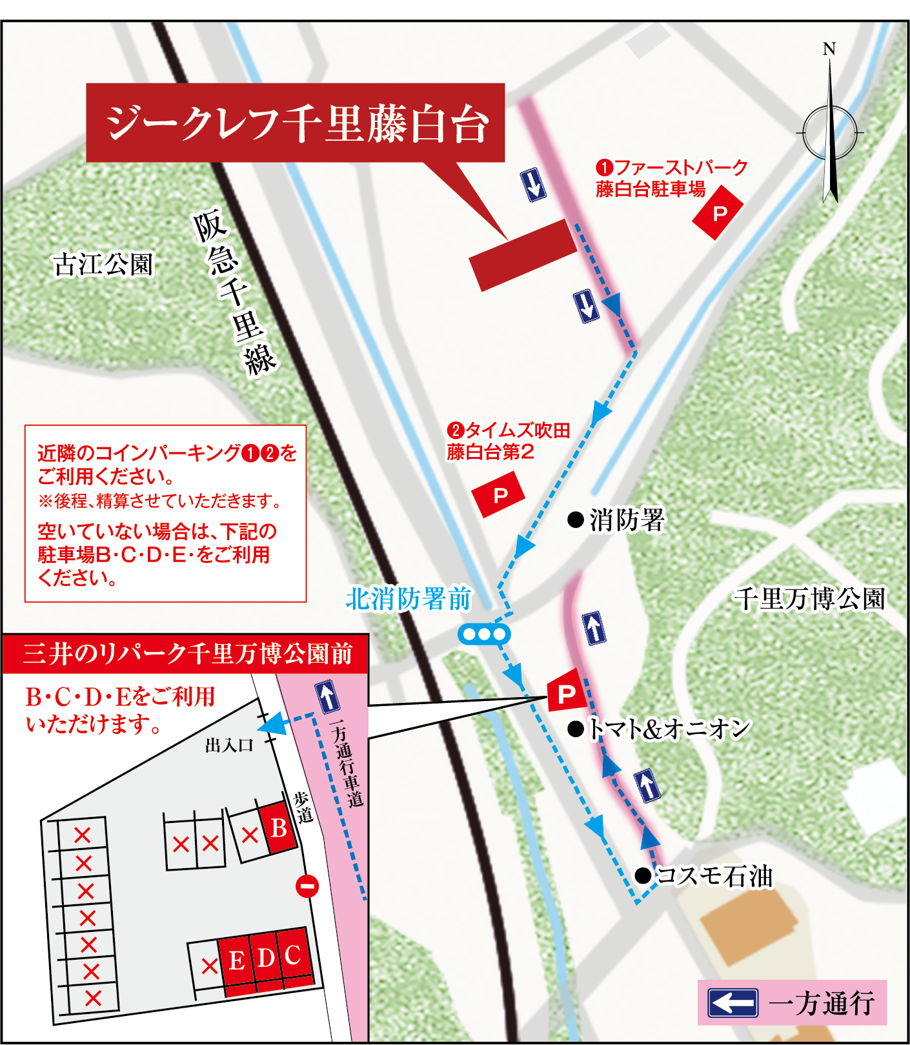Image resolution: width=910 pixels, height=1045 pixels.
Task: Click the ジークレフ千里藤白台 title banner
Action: tap(295, 123)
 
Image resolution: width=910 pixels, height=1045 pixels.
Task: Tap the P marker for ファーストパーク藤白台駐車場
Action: tap(718, 213)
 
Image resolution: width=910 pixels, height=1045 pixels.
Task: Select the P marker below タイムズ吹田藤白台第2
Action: tap(498, 494)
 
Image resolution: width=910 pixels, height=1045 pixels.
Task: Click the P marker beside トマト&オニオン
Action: tap(566, 693)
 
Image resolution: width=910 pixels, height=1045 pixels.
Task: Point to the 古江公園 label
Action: tap(103, 265)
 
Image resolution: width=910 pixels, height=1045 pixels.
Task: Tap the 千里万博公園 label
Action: tap(809, 598)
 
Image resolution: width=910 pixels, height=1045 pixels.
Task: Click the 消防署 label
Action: tap(626, 520)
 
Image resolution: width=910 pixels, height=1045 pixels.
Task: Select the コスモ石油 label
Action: tap(713, 876)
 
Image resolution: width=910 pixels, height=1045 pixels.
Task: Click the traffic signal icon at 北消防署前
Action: tap(484, 634)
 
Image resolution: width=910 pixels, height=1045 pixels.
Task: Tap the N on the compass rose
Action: tap(829, 49)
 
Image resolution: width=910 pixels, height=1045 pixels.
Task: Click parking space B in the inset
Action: tap(278, 828)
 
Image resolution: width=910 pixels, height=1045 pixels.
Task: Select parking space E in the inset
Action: tap(236, 960)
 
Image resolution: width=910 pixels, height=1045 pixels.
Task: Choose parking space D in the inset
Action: tap(265, 958)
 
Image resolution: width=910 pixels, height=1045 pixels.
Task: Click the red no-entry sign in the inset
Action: tap(307, 886)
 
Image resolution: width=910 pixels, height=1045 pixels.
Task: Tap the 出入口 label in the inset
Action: tap(229, 746)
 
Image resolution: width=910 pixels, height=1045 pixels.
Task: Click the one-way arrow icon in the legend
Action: tap(733, 1003)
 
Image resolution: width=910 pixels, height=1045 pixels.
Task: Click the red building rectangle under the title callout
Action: tap(523, 255)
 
